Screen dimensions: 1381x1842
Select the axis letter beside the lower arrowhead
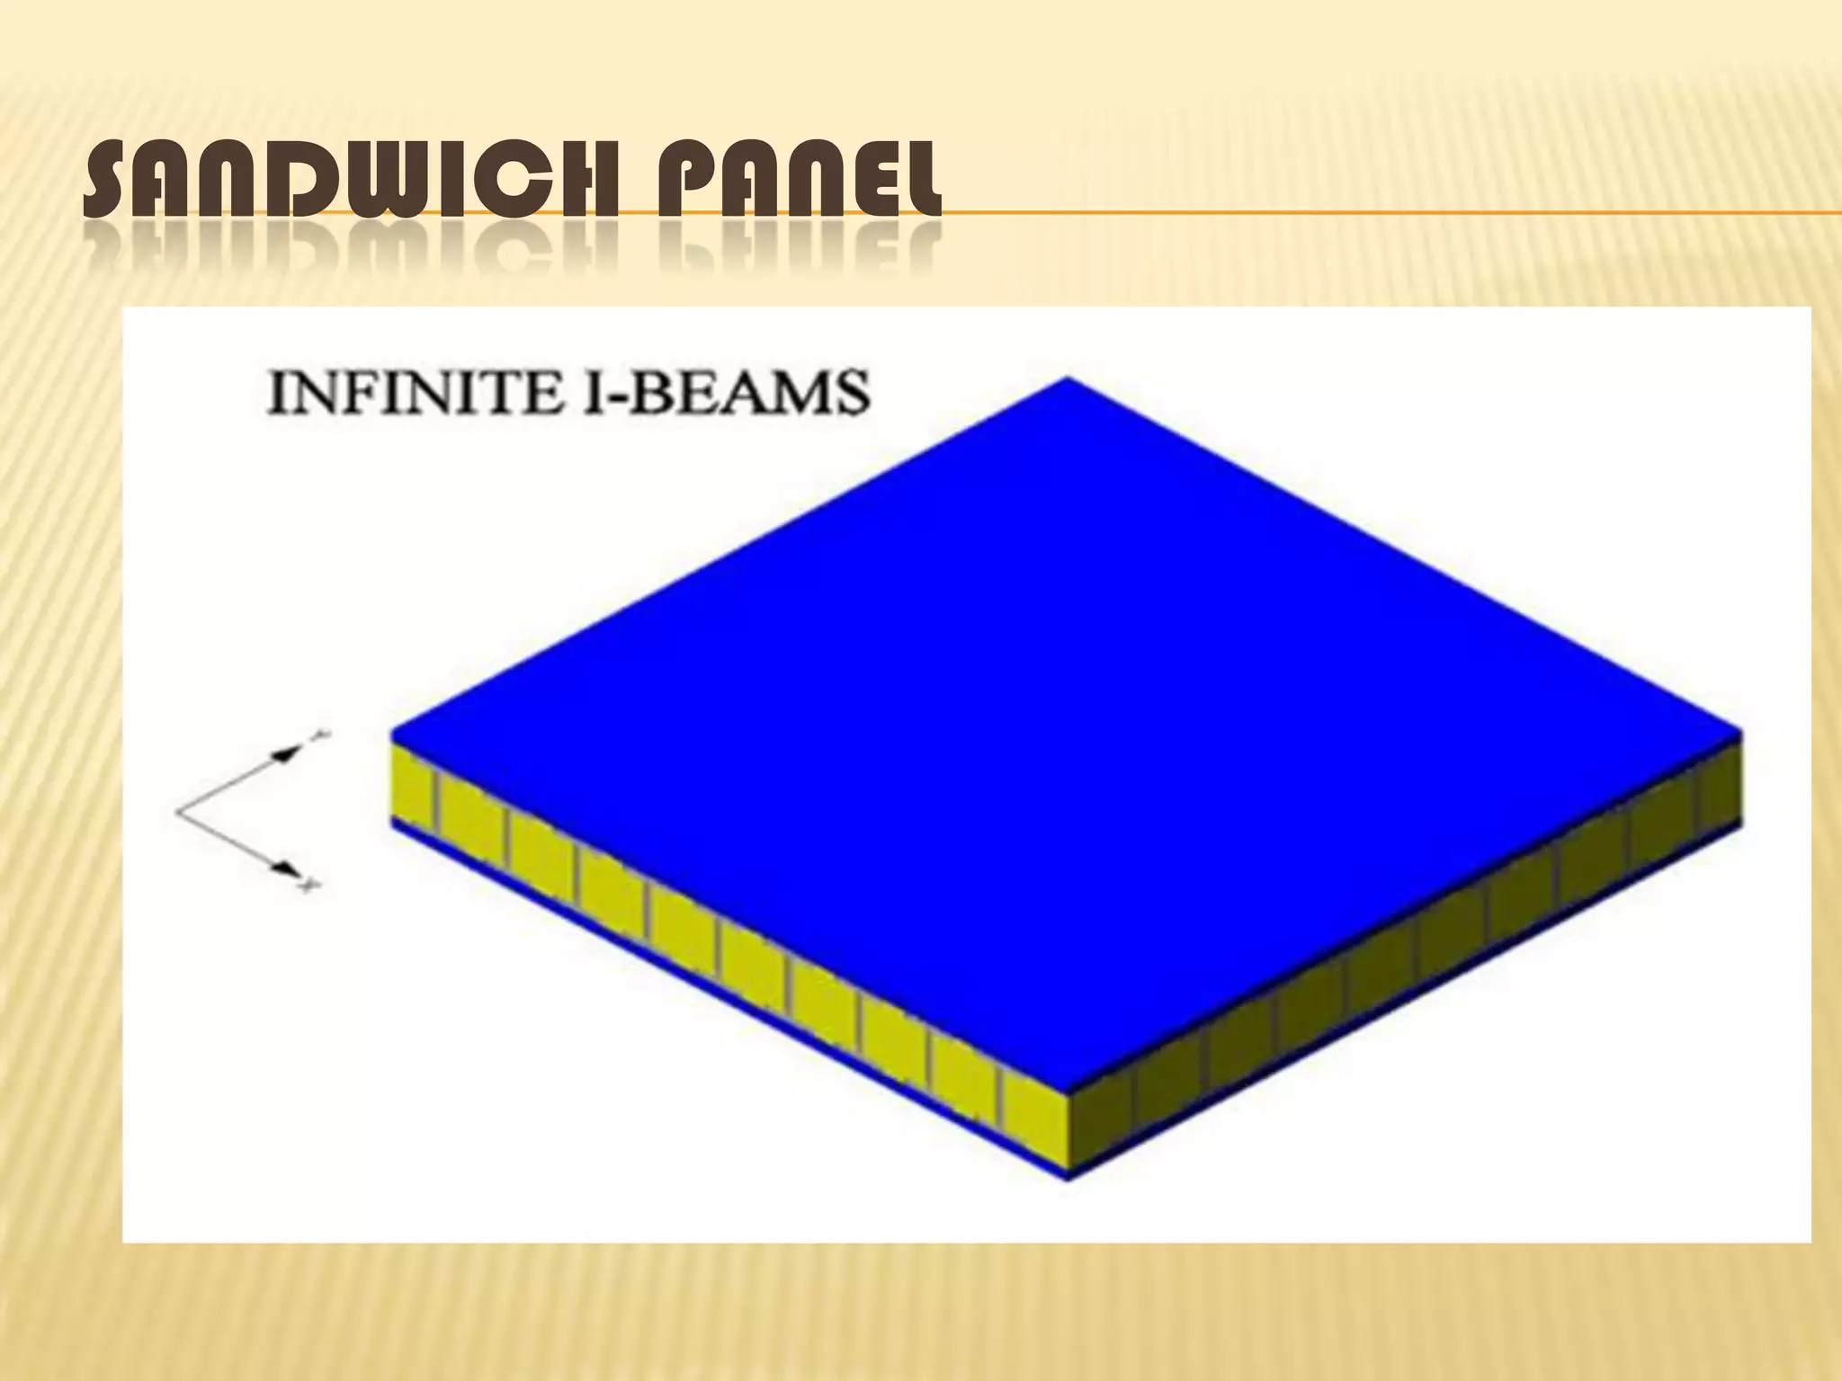tap(308, 887)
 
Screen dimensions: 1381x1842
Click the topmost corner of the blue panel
tap(1068, 379)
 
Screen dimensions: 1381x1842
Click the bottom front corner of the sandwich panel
tap(1068, 1178)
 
